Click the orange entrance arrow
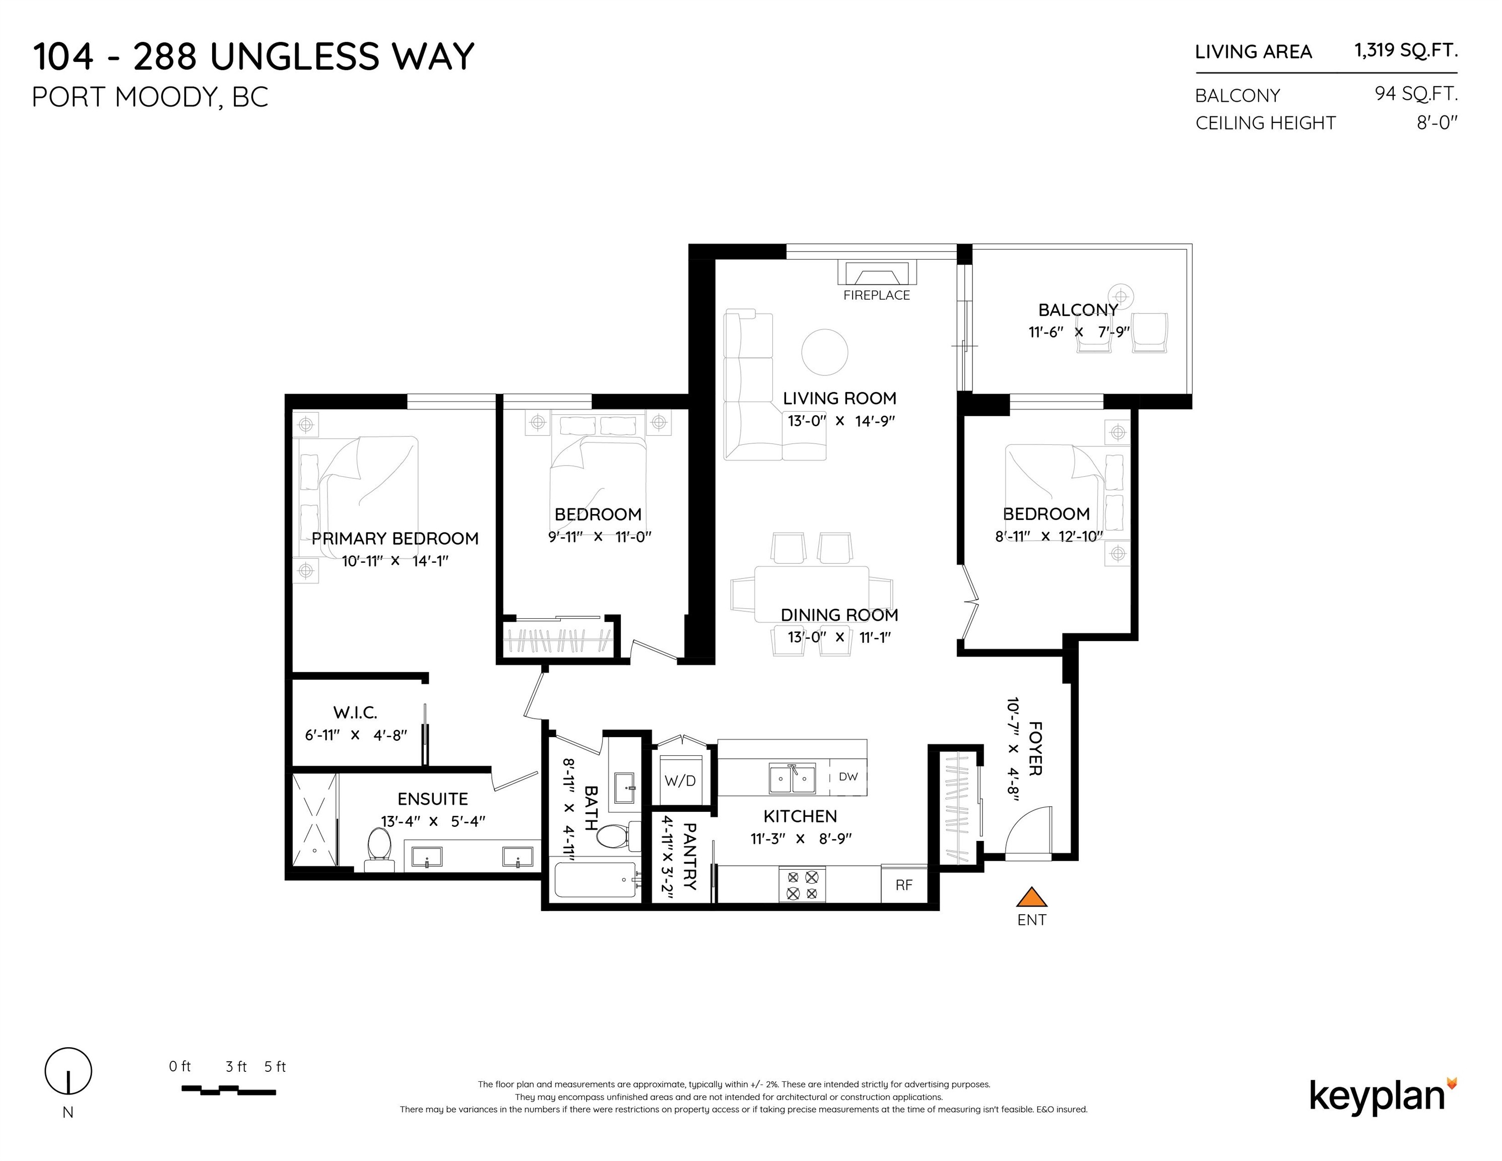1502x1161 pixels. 1031,897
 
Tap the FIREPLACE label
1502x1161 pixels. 876,295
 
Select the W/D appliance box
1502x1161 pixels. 680,781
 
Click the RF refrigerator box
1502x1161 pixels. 904,884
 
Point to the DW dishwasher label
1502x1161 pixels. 848,777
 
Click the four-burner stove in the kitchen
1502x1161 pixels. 802,884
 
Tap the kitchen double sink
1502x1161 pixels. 792,779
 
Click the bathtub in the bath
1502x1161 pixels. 596,880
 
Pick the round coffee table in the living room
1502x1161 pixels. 825,351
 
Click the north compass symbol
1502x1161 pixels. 68,1071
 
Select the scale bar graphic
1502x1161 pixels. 228,1090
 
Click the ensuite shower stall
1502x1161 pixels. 315,820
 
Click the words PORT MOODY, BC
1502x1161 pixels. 150,98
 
